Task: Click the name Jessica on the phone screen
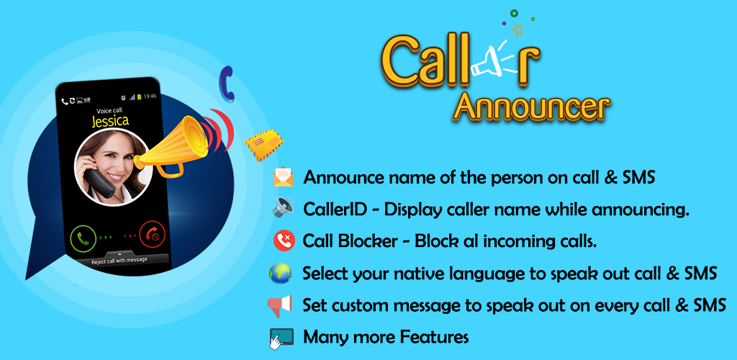110,121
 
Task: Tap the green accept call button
83,238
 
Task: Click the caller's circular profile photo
112,167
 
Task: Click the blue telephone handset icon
227,84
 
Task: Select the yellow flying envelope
263,144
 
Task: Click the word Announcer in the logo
534,107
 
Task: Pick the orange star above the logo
518,30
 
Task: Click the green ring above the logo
514,14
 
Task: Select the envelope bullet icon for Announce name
284,178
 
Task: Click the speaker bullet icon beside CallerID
284,207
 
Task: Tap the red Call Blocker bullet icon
284,241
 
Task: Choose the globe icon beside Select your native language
280,274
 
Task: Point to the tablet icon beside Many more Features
281,338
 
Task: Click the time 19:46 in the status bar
150,96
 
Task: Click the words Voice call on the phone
109,111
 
